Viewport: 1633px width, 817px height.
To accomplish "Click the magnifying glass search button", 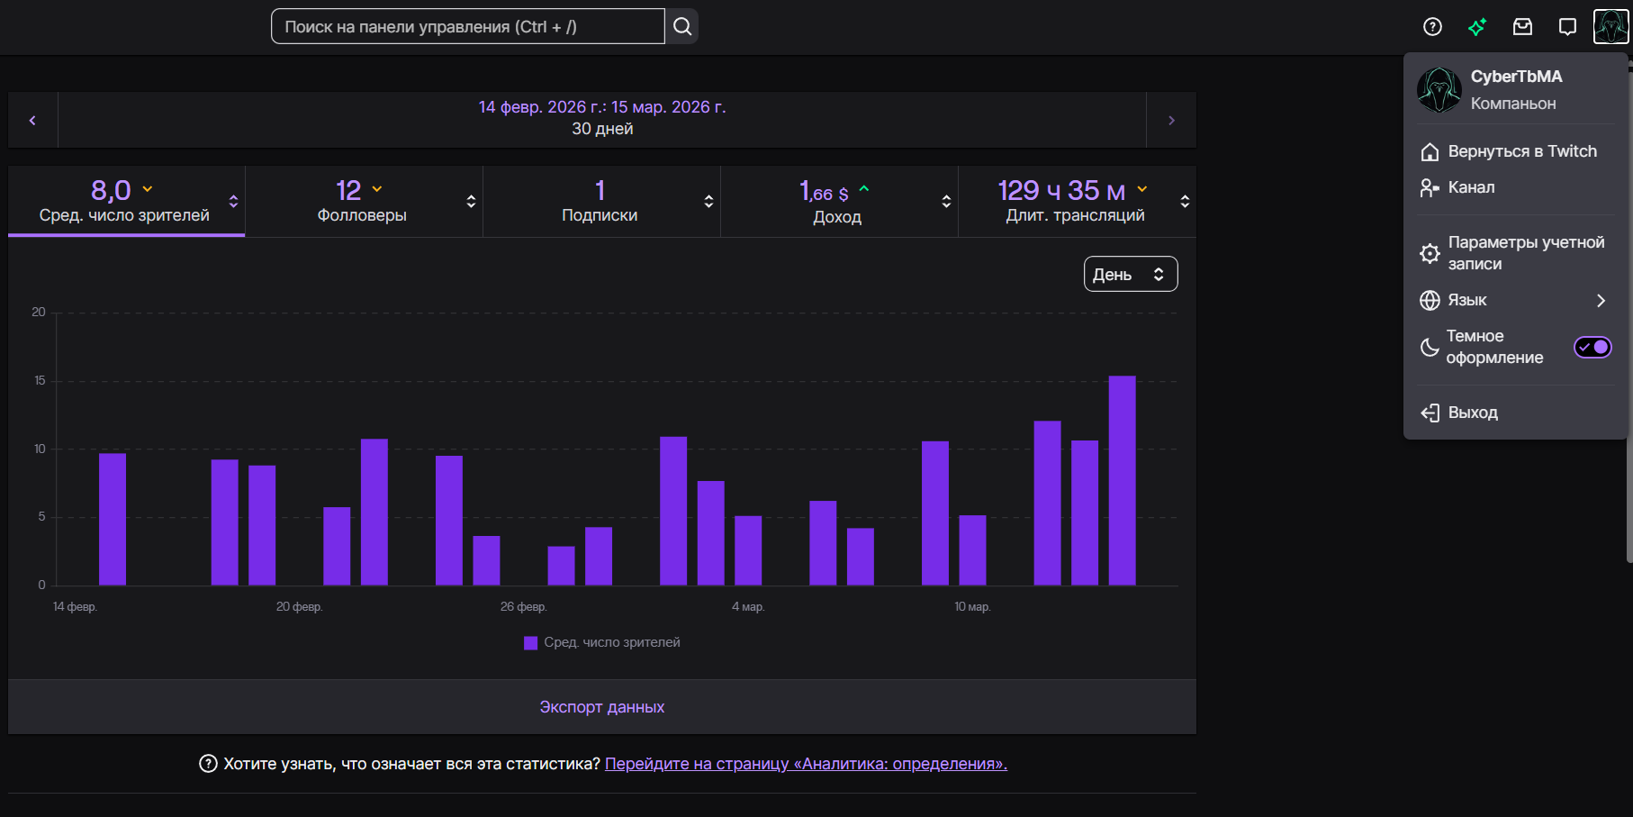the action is [x=682, y=27].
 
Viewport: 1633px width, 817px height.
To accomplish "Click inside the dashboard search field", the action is [x=468, y=27].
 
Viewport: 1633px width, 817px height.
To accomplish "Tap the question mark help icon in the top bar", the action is [x=1432, y=27].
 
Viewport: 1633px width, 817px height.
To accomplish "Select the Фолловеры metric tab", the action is [x=364, y=202].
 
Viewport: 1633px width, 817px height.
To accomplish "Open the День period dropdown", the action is [x=1131, y=275].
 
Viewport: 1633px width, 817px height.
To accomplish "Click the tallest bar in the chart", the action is [x=1122, y=480].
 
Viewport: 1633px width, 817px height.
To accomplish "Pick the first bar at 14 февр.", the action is [x=113, y=519].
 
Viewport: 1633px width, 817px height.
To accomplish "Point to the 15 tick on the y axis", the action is [x=40, y=380].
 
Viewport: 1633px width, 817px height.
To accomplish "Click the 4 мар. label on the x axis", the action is [x=748, y=607].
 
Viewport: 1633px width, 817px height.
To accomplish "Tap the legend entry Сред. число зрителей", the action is [x=602, y=642].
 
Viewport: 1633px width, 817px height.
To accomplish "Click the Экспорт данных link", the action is [x=602, y=707].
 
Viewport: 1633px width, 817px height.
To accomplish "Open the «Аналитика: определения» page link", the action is [x=806, y=764].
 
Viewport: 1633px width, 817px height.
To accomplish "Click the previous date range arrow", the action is [x=32, y=120].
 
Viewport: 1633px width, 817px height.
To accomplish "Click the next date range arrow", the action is [x=1171, y=120].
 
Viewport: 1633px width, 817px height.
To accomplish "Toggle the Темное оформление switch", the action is [x=1592, y=347].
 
